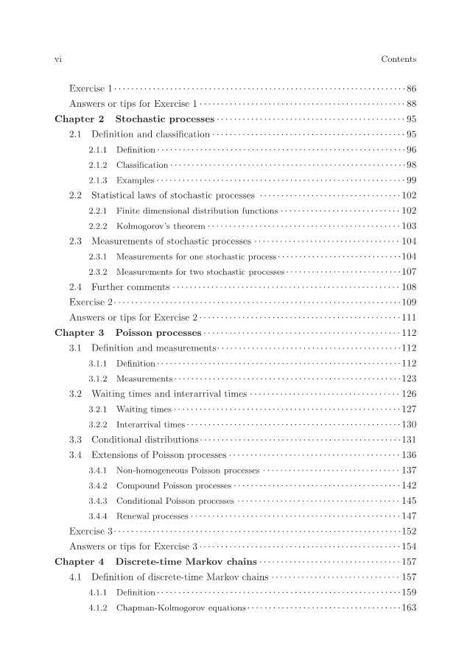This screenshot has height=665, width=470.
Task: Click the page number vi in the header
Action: pyautogui.click(x=59, y=59)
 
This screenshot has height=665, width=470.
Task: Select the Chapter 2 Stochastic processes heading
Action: pyautogui.click(x=134, y=119)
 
